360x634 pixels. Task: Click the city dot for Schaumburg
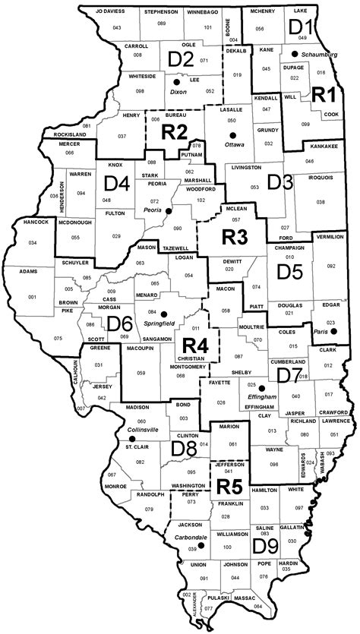pyautogui.click(x=294, y=55)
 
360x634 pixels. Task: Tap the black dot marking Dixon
pyautogui.click(x=177, y=81)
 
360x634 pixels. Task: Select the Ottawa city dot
pyautogui.click(x=233, y=134)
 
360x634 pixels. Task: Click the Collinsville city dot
pyautogui.click(x=122, y=437)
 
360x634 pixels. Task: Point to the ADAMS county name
pyautogui.click(x=28, y=270)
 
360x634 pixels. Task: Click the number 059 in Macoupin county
pyautogui.click(x=141, y=373)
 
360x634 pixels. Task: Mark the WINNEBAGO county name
pyautogui.click(x=203, y=13)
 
